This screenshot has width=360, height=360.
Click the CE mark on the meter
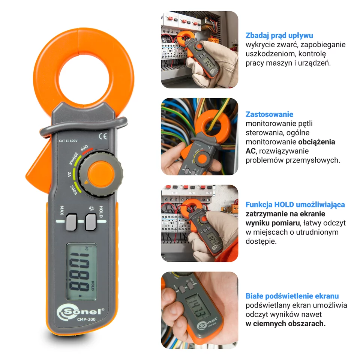pos(102,136)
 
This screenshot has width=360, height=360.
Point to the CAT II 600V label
pos(68,141)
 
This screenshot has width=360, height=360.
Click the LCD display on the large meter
pos(81,271)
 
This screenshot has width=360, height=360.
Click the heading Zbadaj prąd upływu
pos(279,36)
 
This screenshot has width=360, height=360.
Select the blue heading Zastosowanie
pos(269,114)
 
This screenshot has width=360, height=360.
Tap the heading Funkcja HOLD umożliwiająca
pos(295,205)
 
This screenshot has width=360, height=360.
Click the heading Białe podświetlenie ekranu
pos(292,296)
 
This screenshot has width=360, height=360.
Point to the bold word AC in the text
pos(250,151)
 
